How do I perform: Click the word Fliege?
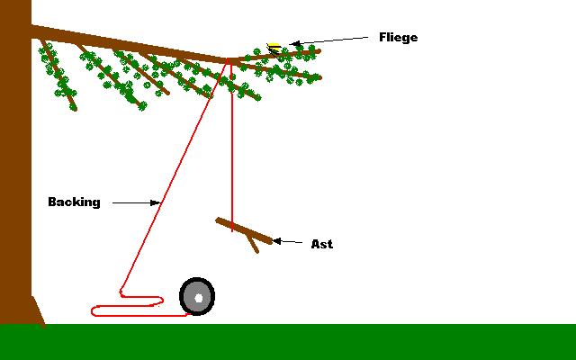click(x=399, y=38)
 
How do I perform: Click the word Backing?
click(x=74, y=202)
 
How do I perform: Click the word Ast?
click(x=321, y=244)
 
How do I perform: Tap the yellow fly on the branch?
click(x=274, y=45)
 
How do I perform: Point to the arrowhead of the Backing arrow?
click(x=156, y=203)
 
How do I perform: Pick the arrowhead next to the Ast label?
click(x=276, y=241)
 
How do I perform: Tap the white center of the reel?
click(x=198, y=297)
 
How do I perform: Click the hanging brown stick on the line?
click(x=244, y=229)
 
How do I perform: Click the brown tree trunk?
click(x=15, y=180)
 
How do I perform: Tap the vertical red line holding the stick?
click(x=232, y=144)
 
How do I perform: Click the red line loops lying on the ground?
click(x=126, y=306)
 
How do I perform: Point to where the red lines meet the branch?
click(x=229, y=61)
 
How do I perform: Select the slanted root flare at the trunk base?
click(x=38, y=310)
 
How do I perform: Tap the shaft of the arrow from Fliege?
click(x=333, y=40)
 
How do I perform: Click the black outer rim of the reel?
click(x=184, y=296)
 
